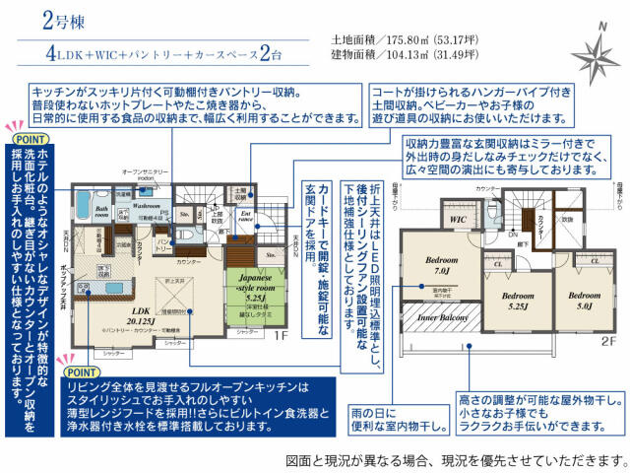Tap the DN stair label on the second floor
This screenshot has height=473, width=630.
coord(513,236)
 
